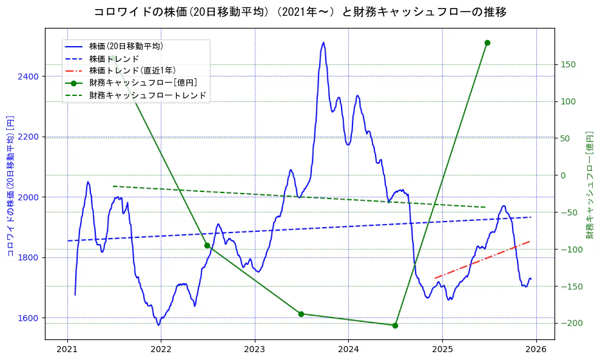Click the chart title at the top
tap(300, 12)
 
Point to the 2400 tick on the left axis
tap(29, 76)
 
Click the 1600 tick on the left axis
tap(29, 318)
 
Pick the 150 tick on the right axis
tap(568, 64)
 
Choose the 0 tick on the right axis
tap(562, 175)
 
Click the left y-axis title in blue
tap(10, 185)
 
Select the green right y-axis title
tap(589, 185)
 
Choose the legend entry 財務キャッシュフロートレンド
tap(147, 95)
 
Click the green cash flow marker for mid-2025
tap(487, 42)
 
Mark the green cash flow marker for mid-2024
tap(395, 325)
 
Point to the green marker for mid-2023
tap(301, 314)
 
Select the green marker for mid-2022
tap(207, 245)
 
